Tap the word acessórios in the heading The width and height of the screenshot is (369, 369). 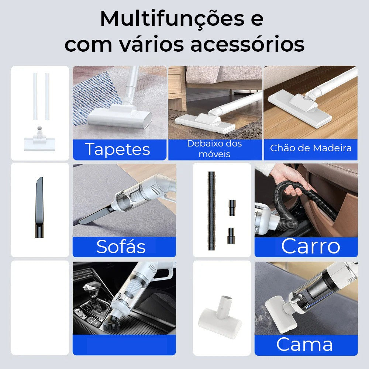pyautogui.click(x=247, y=44)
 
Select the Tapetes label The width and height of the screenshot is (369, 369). pyautogui.click(x=117, y=149)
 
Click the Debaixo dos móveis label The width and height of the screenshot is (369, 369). pyautogui.click(x=214, y=149)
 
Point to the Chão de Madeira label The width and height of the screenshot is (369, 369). pyautogui.click(x=311, y=148)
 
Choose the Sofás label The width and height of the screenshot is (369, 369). pyautogui.click(x=121, y=246)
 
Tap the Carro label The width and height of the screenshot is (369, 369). pyautogui.click(x=311, y=246)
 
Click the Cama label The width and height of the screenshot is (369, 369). pyautogui.click(x=304, y=344)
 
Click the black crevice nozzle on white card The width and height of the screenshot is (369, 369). pyautogui.click(x=39, y=207)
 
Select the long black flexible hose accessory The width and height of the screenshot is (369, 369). pyautogui.click(x=211, y=211)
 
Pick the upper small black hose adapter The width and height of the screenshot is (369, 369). pyautogui.click(x=232, y=207)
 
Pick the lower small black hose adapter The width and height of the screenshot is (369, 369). pyautogui.click(x=231, y=235)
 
